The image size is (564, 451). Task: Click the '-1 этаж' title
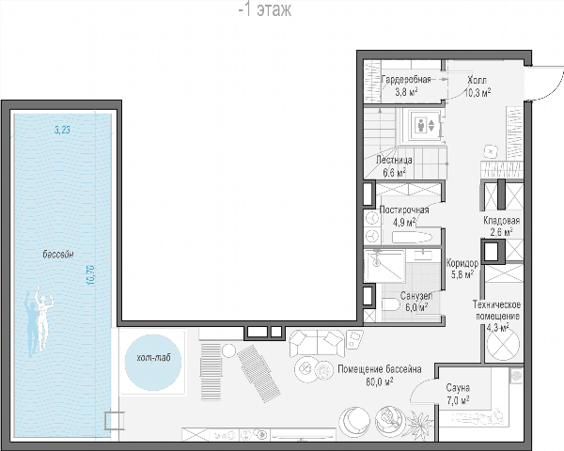[265, 9]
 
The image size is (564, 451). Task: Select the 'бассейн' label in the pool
[58, 255]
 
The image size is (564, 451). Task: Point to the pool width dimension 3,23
[62, 130]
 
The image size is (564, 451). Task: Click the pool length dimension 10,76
[90, 274]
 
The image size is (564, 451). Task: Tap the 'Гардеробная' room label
[406, 80]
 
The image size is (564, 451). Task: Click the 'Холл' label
[477, 80]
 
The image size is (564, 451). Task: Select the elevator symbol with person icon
[426, 125]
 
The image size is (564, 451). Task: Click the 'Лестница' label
[394, 160]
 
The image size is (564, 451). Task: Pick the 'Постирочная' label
[404, 210]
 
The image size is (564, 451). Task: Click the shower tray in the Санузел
[384, 266]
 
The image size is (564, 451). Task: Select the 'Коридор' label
[462, 263]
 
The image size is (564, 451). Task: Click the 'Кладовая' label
[501, 220]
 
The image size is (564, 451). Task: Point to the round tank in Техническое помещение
[503, 344]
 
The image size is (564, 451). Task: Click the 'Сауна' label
[458, 388]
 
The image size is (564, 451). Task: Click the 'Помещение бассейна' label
[380, 369]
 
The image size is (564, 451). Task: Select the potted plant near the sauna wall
[419, 422]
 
